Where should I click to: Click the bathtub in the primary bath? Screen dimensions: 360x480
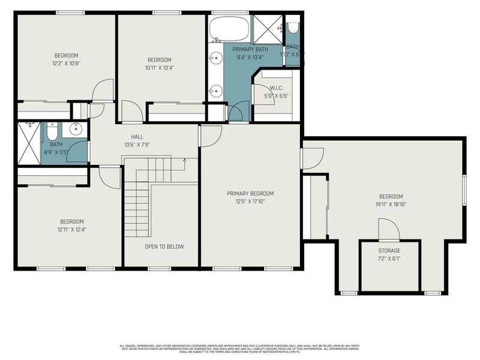pyautogui.click(x=229, y=28)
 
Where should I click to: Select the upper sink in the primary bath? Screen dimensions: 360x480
pyautogui.click(x=216, y=59)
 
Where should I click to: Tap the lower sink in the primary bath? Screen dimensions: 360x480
pyautogui.click(x=216, y=91)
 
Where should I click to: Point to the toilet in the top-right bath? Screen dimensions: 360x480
pyautogui.click(x=293, y=27)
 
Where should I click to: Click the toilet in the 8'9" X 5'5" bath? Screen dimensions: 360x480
pyautogui.click(x=52, y=131)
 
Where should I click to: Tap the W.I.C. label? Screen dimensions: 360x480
pyautogui.click(x=276, y=88)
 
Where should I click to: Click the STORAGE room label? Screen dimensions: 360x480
pyautogui.click(x=389, y=250)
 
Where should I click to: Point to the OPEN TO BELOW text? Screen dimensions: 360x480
pyautogui.click(x=164, y=247)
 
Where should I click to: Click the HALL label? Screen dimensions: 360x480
pyautogui.click(x=137, y=137)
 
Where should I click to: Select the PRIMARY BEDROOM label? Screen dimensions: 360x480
pyautogui.click(x=250, y=193)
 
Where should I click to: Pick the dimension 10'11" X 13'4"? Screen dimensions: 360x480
pyautogui.click(x=160, y=67)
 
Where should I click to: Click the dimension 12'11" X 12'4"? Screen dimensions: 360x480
pyautogui.click(x=71, y=229)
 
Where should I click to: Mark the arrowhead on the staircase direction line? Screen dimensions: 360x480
pyautogui.click(x=184, y=161)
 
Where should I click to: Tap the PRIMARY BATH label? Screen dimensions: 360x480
pyautogui.click(x=251, y=50)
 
